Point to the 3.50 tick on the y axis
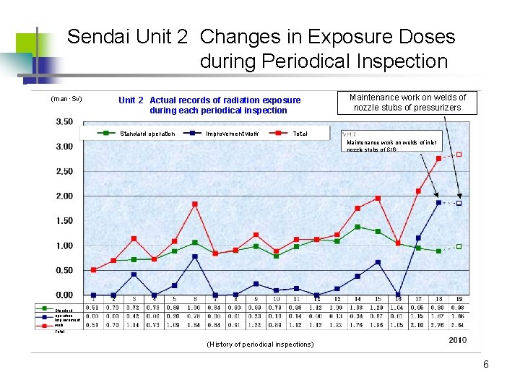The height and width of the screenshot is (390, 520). tap(64, 122)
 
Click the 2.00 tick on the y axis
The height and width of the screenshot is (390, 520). tap(64, 196)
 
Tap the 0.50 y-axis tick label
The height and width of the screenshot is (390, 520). tap(64, 271)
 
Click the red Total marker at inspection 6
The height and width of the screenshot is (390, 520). tap(195, 204)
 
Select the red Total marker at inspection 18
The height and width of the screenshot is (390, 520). tap(438, 158)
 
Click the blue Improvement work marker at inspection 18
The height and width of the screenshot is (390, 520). tap(438, 202)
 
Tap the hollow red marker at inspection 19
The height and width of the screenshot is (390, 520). tap(459, 155)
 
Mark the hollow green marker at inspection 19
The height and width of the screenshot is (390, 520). tap(459, 247)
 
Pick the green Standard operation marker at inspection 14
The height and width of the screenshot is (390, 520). tap(357, 227)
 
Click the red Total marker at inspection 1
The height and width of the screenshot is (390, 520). tap(93, 269)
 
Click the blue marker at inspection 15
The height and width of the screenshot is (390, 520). tap(378, 262)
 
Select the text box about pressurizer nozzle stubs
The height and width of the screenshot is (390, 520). tap(407, 103)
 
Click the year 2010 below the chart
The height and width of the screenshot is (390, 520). tap(457, 339)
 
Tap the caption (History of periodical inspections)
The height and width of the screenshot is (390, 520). tap(260, 344)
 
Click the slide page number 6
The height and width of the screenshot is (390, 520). tap(486, 365)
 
